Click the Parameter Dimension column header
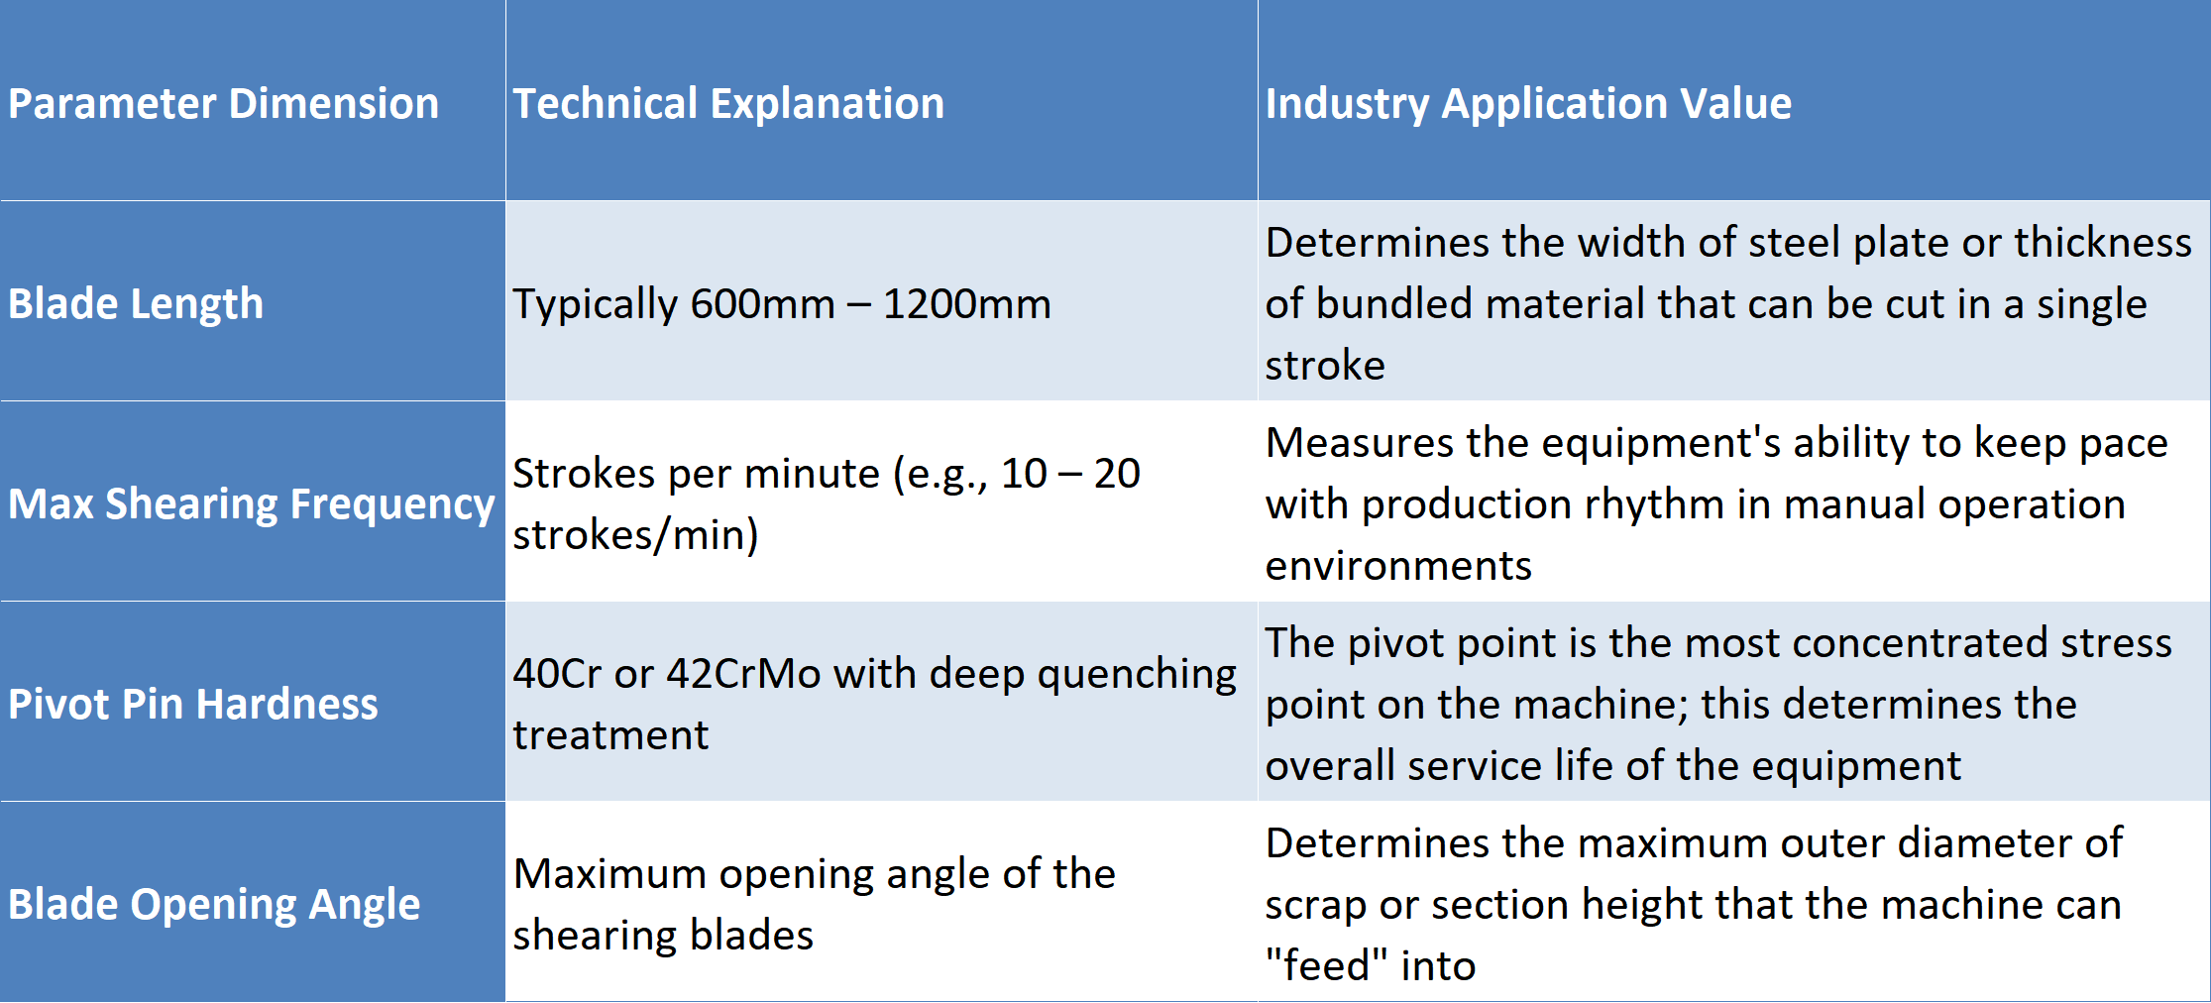pos(223,103)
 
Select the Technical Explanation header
pos(728,104)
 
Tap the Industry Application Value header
pos(1528,104)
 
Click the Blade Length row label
pos(136,304)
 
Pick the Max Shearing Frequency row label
pos(252,504)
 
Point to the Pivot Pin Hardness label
pos(193,704)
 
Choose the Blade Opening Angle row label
pos(214,905)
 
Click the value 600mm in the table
pos(763,303)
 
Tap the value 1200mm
pos(966,303)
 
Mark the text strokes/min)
pos(635,535)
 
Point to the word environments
pos(1398,566)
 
